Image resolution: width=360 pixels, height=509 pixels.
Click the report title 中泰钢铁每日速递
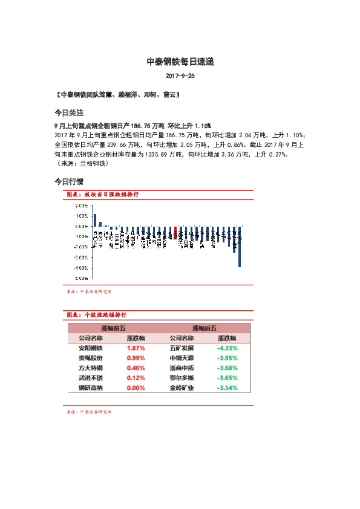180,62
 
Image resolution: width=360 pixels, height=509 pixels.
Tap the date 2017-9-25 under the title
180,77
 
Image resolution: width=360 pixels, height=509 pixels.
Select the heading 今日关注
68,113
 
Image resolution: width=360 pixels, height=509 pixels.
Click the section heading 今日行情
68,181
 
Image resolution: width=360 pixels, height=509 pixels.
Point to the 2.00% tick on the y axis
82,206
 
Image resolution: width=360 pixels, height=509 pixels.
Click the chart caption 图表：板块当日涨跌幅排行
103,195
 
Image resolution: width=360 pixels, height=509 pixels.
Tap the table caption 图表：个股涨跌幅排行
97,315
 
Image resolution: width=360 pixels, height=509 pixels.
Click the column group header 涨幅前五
113,328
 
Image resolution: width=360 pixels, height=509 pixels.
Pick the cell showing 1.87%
136,348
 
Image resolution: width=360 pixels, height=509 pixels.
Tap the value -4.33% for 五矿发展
227,348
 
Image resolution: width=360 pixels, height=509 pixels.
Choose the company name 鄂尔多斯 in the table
182,377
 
